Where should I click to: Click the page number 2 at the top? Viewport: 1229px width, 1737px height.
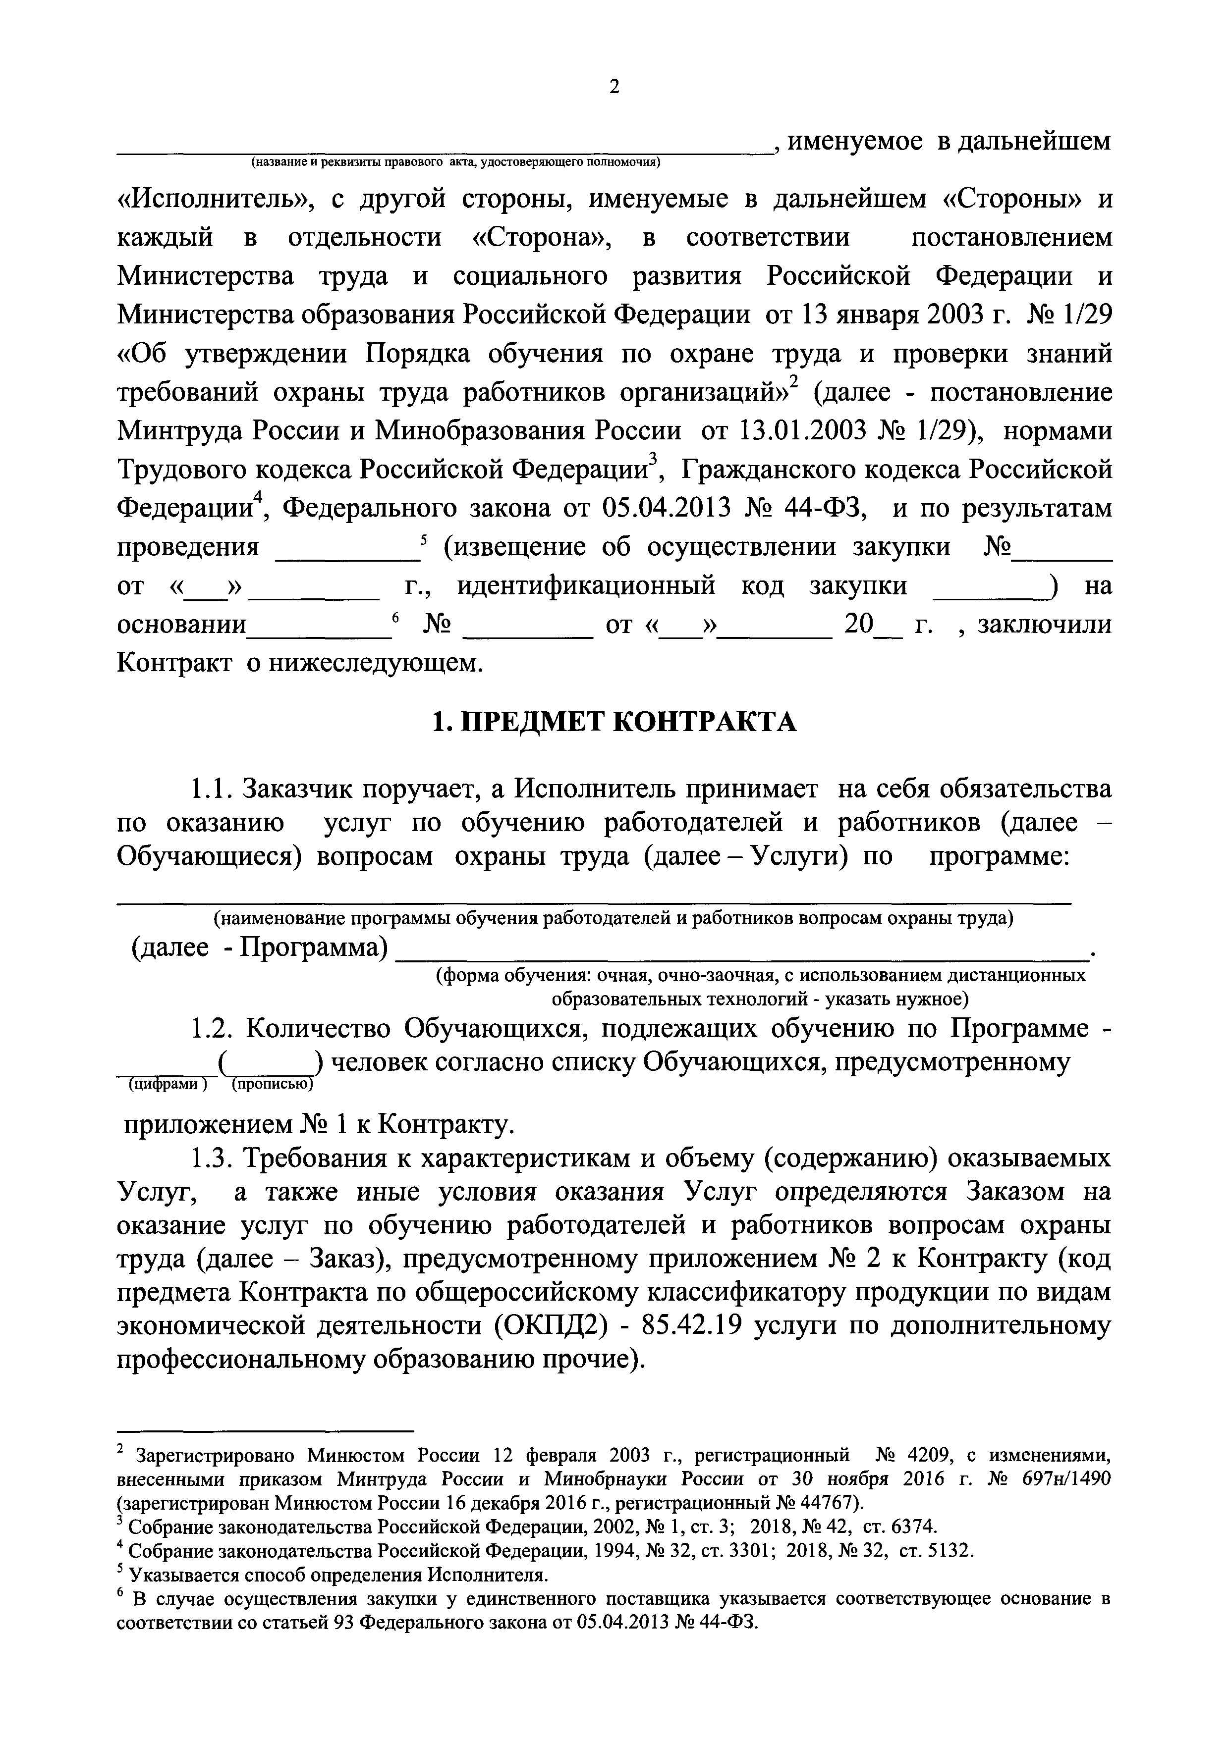click(614, 88)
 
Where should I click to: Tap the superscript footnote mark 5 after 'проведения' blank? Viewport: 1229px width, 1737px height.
click(424, 539)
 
